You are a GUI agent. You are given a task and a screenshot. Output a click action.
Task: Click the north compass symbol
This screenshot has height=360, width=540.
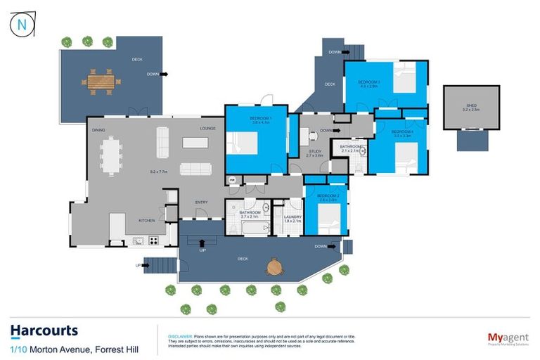tap(20, 25)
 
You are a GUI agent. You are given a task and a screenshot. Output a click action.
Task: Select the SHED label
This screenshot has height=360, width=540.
tap(470, 106)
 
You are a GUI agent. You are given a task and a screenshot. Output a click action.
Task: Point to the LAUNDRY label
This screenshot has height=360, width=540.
tap(292, 217)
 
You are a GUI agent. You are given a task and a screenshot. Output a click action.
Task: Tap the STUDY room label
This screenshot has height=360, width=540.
tap(315, 151)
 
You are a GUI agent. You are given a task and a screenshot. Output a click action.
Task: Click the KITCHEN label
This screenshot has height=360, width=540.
tap(146, 221)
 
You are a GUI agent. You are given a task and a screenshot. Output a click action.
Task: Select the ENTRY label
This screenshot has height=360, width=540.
tap(201, 203)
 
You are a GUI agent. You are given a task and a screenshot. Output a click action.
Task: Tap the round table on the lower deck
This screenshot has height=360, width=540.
tap(275, 267)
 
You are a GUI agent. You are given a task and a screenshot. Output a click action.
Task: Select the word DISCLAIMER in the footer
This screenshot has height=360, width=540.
tap(181, 327)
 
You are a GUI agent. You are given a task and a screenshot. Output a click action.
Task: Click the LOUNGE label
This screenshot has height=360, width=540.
tap(207, 129)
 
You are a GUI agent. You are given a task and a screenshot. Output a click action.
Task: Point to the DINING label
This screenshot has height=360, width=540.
tap(98, 129)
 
